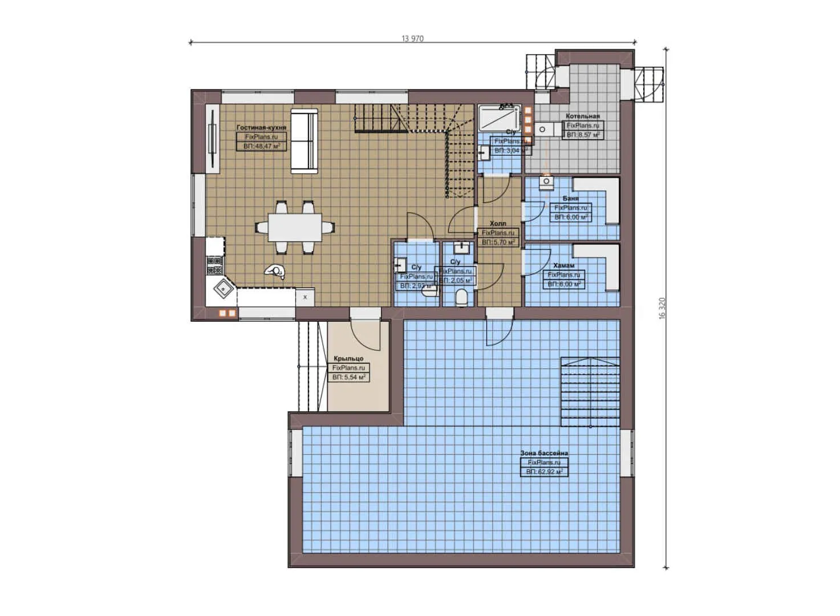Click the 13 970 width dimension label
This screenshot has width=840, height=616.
tap(412, 39)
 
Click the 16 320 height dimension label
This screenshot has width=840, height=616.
tap(662, 307)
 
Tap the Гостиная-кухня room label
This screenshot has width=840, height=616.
tap(261, 128)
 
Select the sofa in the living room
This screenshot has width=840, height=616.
tap(304, 140)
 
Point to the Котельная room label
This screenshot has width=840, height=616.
tap(582, 116)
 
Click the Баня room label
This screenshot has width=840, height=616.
tap(570, 198)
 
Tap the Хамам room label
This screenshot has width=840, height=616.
tap(563, 266)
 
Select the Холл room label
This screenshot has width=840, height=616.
tap(498, 224)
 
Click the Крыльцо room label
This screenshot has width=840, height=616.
tap(348, 359)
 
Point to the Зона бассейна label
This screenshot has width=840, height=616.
tap(543, 453)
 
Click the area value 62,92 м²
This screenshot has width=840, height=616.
tap(544, 472)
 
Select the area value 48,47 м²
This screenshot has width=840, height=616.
tap(261, 146)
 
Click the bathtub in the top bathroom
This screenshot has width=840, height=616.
tap(498, 119)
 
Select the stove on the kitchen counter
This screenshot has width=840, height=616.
tap(214, 266)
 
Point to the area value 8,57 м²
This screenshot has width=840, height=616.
tap(582, 135)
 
